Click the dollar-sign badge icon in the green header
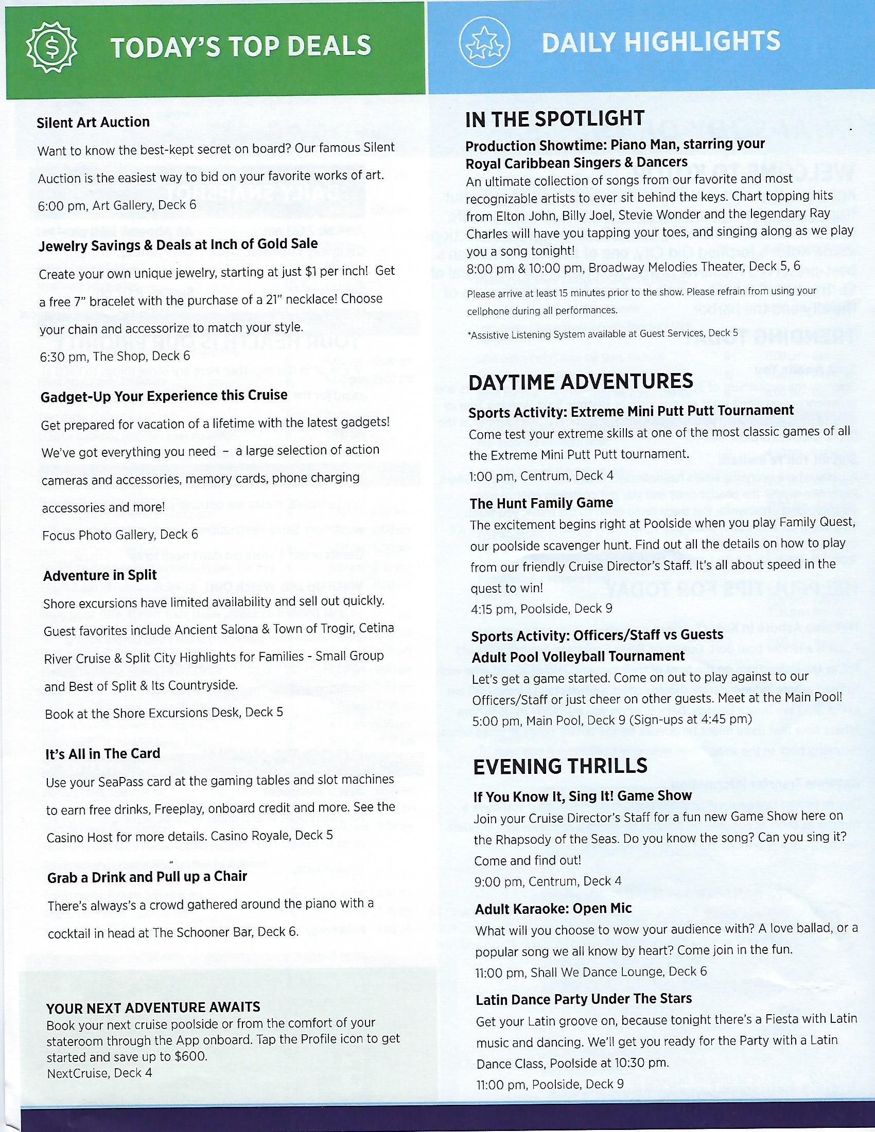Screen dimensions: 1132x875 52,49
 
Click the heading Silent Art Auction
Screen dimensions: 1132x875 93,122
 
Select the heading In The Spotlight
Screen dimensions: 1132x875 555,119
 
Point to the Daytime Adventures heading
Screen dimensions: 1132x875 581,381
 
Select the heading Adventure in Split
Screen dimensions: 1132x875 100,576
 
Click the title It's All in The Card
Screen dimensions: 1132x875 102,754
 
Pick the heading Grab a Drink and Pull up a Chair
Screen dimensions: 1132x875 147,876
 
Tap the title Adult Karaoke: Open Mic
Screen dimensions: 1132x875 554,909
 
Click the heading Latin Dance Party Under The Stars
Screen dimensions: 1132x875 584,999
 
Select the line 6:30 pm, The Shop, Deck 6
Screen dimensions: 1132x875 115,356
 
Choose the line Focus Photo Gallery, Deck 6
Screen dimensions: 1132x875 120,535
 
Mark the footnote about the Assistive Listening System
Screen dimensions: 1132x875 602,335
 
